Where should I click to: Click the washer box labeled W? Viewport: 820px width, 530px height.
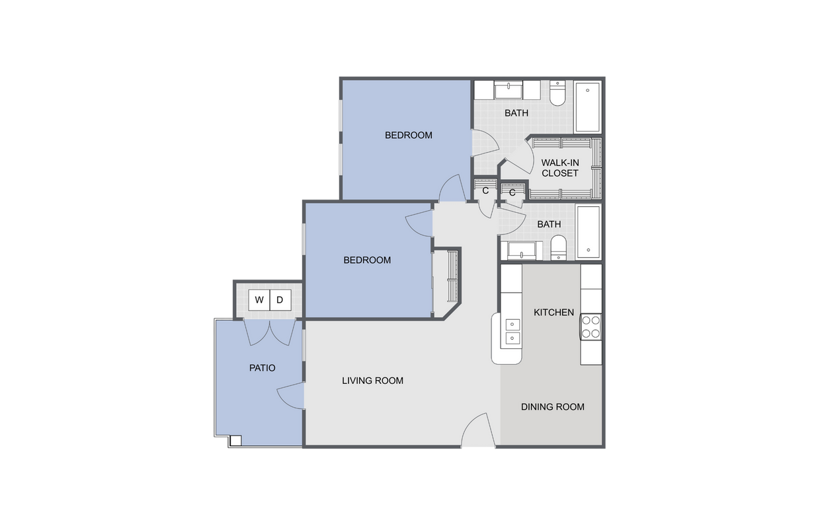point(259,300)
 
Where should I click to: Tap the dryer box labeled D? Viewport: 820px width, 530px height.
point(280,300)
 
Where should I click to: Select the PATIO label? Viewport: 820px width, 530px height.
point(262,368)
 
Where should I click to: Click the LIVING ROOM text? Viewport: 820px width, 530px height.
point(372,381)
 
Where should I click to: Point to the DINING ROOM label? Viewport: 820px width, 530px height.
point(552,407)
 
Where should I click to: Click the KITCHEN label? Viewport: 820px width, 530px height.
point(553,312)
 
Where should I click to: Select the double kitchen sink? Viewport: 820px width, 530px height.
point(512,331)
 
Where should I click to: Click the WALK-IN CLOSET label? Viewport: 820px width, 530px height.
point(559,168)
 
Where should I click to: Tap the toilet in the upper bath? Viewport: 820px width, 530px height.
point(557,94)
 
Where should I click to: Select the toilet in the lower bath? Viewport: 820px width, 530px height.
point(559,247)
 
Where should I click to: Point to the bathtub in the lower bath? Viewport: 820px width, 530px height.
point(588,231)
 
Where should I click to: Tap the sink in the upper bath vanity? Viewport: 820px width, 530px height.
point(508,90)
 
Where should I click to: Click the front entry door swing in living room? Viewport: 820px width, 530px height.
point(477,433)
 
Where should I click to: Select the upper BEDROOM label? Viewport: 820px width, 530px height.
point(408,135)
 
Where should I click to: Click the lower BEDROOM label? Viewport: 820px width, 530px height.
point(367,260)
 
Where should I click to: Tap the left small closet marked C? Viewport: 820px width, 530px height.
point(485,190)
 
